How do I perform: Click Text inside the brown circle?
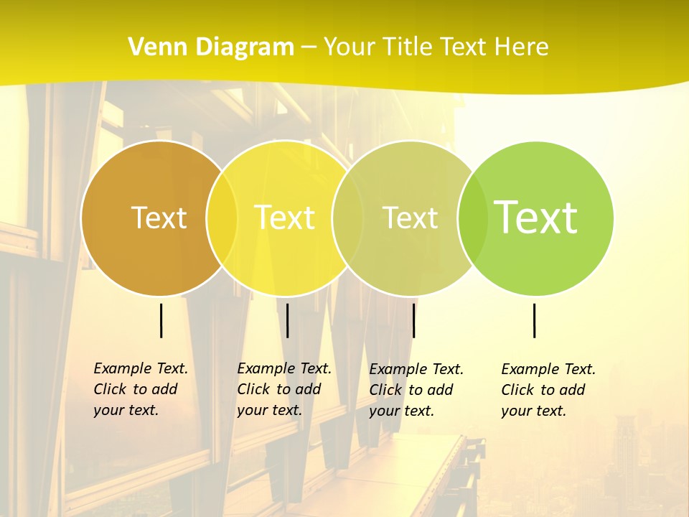(x=159, y=218)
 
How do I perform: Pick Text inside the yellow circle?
(x=285, y=218)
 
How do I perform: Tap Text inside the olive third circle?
(x=410, y=218)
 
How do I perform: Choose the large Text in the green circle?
(x=536, y=218)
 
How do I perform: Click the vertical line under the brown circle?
(x=161, y=320)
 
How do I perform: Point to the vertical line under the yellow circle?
(x=287, y=320)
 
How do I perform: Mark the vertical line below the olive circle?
(x=413, y=320)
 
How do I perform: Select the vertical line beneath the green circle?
(x=535, y=320)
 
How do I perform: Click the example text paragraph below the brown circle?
(x=140, y=389)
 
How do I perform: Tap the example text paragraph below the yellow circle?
(x=283, y=389)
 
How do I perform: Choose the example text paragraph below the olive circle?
(x=416, y=390)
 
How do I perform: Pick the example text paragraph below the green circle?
(x=548, y=390)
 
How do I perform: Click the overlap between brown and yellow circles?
(x=222, y=218)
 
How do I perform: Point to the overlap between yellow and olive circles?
(x=348, y=218)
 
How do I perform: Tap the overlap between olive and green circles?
(x=473, y=218)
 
